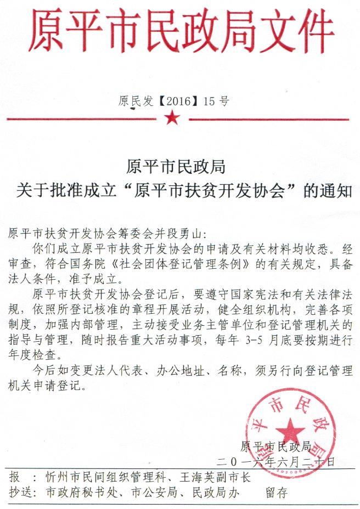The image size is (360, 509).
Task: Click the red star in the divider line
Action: click(x=172, y=117)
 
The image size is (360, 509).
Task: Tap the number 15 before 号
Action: click(x=209, y=101)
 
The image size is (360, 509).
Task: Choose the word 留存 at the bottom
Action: click(x=277, y=492)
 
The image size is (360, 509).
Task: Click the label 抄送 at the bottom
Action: click(x=21, y=492)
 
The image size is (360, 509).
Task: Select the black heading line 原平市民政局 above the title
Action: click(x=176, y=165)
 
